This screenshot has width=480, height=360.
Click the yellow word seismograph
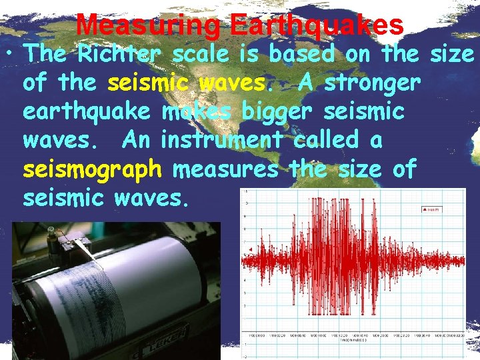point(92,169)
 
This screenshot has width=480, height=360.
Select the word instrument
point(221,140)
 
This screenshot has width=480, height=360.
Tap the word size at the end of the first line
point(451,54)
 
